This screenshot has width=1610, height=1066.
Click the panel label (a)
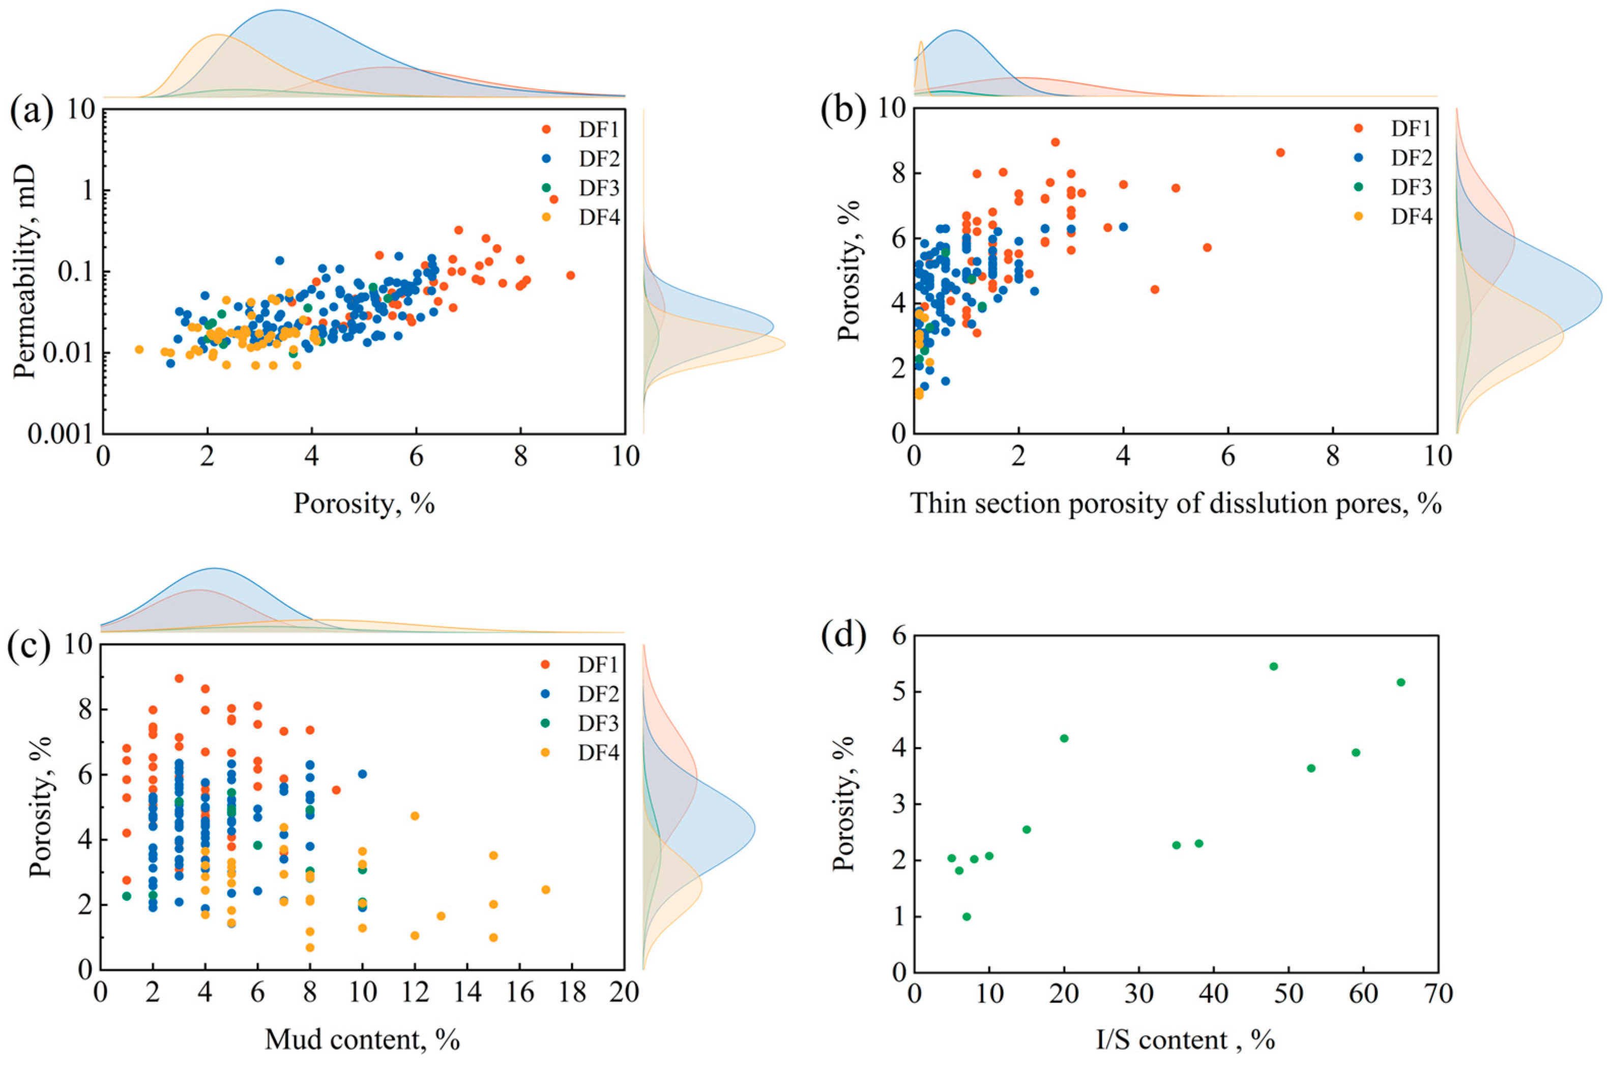pyautogui.click(x=31, y=112)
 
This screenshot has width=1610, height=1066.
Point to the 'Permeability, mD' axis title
pyautogui.click(x=24, y=272)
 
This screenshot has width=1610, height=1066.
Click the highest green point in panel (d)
pyautogui.click(x=1273, y=666)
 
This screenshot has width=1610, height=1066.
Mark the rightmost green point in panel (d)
pyautogui.click(x=1400, y=682)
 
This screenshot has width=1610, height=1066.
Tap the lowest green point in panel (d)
pyautogui.click(x=966, y=916)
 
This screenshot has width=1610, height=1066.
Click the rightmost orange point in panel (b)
pyautogui.click(x=1280, y=152)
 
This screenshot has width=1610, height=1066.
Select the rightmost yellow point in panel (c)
pyautogui.click(x=545, y=889)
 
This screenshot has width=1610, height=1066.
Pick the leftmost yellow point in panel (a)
pyautogui.click(x=139, y=349)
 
